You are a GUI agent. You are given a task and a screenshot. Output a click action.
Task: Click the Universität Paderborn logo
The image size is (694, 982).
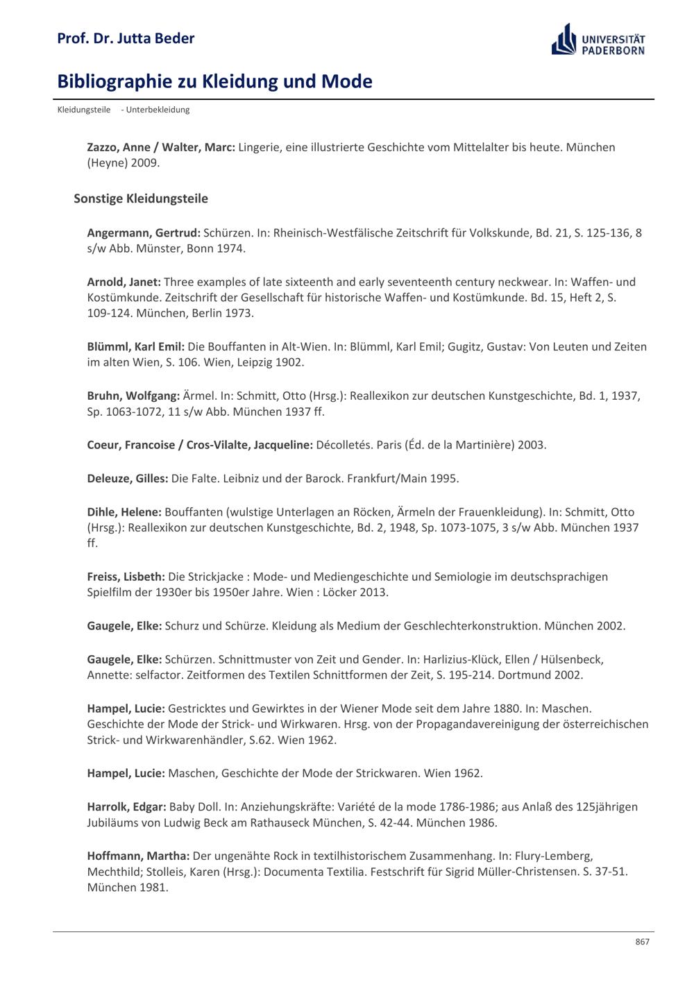point(598,40)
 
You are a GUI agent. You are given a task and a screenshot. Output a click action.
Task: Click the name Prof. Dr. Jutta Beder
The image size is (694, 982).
point(126,38)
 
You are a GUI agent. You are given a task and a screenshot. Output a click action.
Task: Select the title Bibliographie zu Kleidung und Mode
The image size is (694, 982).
point(214,81)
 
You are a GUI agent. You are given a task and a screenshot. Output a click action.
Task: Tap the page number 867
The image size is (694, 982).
point(642,941)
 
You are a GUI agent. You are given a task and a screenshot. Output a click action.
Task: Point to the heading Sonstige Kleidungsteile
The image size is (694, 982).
point(141,198)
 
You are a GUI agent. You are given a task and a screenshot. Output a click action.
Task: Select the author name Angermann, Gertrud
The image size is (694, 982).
point(144,232)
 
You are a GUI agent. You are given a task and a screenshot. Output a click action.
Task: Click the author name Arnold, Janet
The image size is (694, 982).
point(124,282)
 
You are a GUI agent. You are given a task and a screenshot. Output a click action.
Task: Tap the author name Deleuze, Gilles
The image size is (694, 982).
point(128,478)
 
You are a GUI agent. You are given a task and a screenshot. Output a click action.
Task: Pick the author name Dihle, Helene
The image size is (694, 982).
point(124,512)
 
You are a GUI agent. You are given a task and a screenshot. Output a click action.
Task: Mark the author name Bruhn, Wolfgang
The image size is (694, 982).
point(133,396)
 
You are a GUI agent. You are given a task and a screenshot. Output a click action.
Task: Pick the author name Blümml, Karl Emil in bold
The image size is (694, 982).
point(136,346)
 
